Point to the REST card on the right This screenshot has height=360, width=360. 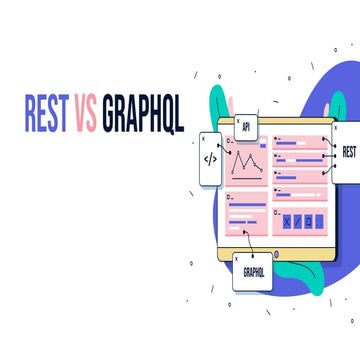tap(346, 153)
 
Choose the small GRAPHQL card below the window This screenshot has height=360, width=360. tap(253, 270)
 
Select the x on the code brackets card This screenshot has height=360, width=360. tap(204, 137)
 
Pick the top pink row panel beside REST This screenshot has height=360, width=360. tap(299, 142)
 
